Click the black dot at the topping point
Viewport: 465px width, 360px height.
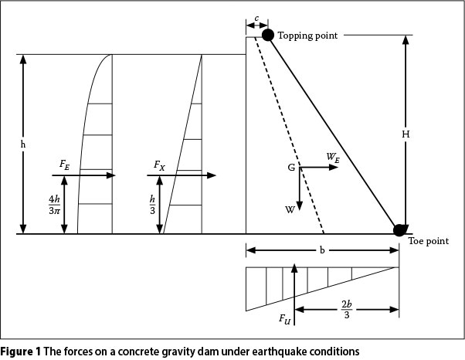pos(267,35)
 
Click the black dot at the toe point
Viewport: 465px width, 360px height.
pos(399,229)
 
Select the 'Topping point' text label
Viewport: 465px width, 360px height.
pos(307,36)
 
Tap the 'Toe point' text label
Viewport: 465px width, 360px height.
pos(428,242)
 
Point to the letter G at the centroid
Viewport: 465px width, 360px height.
pos(292,168)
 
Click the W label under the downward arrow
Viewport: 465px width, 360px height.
pos(289,209)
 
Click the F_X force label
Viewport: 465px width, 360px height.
pos(159,165)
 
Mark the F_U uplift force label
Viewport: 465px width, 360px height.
pos(285,318)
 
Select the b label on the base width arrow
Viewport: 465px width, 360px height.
pos(322,250)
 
